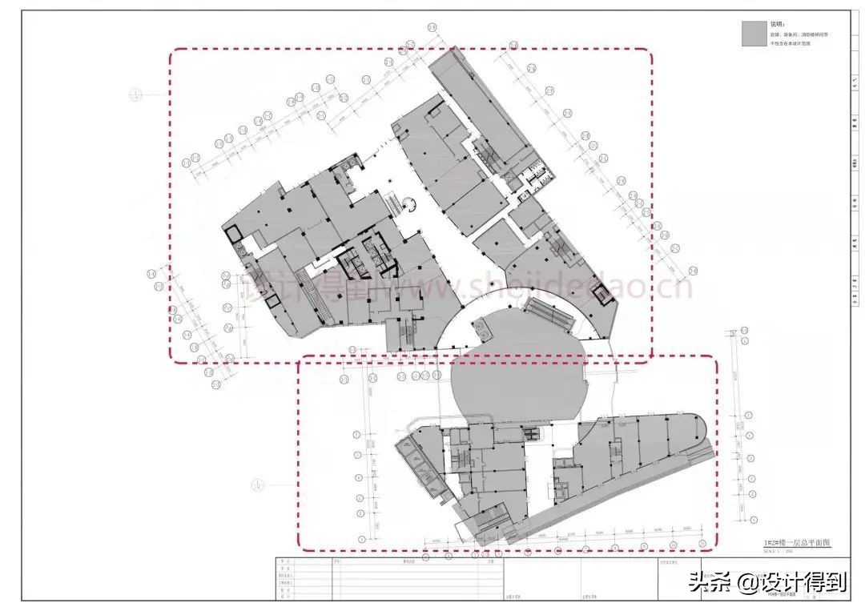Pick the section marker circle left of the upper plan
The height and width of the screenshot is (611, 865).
(x=135, y=94)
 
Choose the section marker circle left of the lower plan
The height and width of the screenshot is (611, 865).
(x=256, y=483)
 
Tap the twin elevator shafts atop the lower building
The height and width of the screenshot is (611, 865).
(x=532, y=434)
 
